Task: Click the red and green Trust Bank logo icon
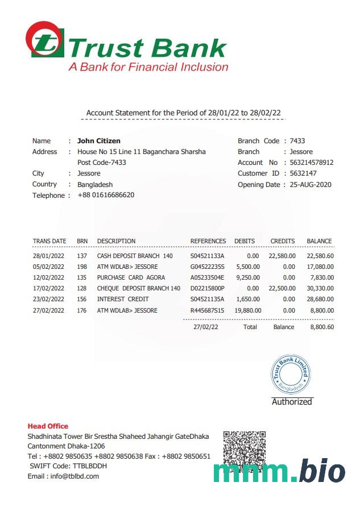tap(45, 40)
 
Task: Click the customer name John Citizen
tap(99, 141)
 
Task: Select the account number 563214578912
tap(312, 163)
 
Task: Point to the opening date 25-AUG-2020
tap(311, 185)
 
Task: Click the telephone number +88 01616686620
tap(106, 196)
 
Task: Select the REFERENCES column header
tap(208, 241)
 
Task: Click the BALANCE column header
tap(319, 241)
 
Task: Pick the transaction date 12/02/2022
tap(49, 278)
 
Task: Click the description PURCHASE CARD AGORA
tap(131, 278)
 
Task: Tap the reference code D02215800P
tap(208, 289)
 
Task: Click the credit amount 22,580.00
tap(282, 256)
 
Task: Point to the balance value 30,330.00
tap(320, 289)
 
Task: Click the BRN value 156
tap(82, 300)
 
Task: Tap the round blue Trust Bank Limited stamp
tap(292, 373)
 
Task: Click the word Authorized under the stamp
tap(292, 402)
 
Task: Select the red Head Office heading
tap(48, 426)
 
